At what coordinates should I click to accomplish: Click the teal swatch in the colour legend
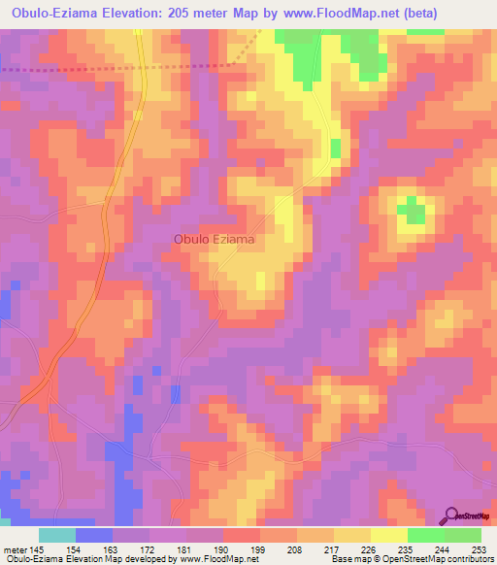click(57, 535)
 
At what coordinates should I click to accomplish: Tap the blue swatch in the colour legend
click(94, 535)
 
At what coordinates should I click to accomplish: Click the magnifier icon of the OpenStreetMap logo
click(453, 515)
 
